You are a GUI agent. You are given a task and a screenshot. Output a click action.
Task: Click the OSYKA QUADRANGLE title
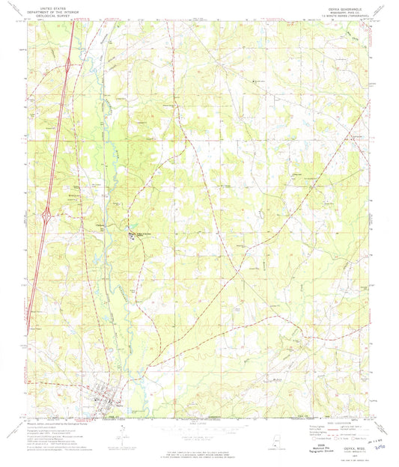tap(348, 5)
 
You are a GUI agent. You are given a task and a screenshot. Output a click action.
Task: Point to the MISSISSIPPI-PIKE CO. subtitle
tap(348, 9)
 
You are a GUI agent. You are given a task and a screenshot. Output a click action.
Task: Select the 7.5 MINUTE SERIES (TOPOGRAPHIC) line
tap(348, 13)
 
